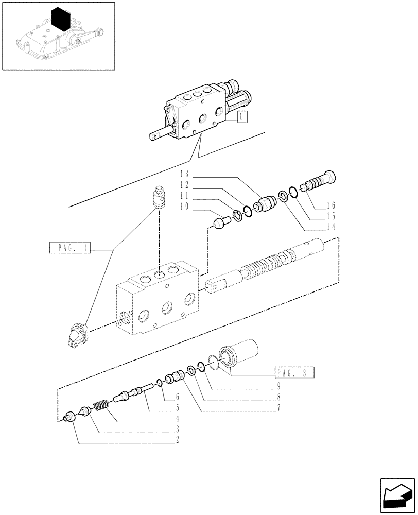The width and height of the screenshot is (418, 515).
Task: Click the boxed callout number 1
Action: point(242,117)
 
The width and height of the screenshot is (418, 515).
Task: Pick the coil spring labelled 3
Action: point(101,406)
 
